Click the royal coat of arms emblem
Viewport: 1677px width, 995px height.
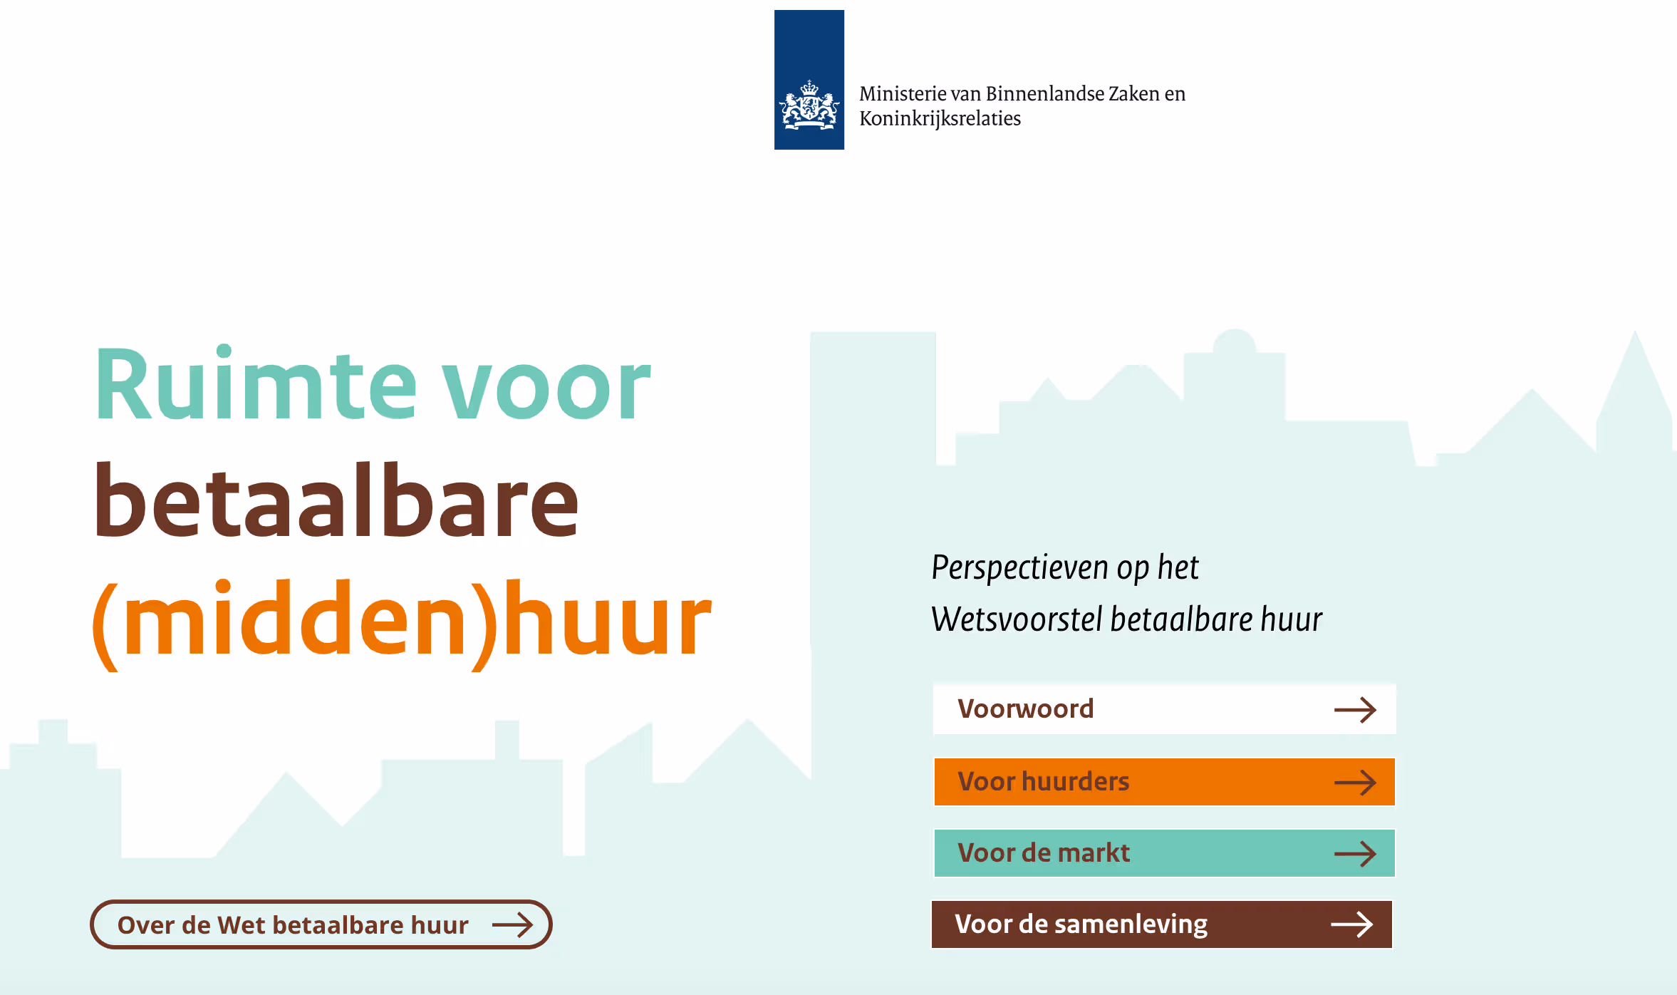click(809, 105)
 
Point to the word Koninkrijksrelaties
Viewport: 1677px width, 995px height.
click(940, 118)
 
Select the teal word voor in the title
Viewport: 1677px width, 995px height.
click(546, 388)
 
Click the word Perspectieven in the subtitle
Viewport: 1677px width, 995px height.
click(1020, 569)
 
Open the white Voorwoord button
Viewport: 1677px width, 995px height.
click(1164, 709)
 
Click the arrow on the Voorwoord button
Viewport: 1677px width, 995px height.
click(1355, 710)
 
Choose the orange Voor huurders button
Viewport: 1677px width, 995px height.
click(1164, 782)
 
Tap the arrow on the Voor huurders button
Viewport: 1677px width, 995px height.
click(1355, 783)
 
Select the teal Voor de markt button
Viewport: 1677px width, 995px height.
click(1164, 853)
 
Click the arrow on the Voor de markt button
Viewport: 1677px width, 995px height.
click(1355, 854)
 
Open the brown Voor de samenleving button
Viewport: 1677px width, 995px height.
click(1162, 924)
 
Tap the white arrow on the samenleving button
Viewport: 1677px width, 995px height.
click(1352, 924)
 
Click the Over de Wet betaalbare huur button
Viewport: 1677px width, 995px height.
click(321, 924)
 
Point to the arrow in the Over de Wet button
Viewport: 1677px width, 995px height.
click(513, 925)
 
